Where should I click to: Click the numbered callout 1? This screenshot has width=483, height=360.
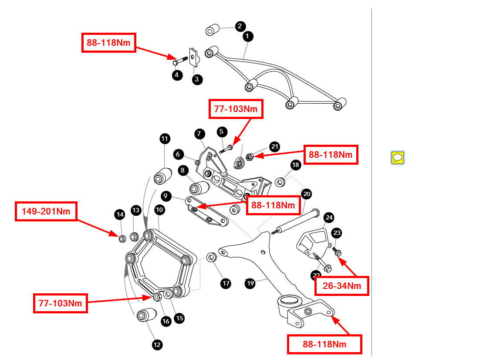(x=247, y=36)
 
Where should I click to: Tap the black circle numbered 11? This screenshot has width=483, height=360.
(x=165, y=139)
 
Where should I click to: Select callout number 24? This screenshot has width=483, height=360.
(x=329, y=217)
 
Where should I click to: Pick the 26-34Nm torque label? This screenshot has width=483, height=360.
(x=342, y=286)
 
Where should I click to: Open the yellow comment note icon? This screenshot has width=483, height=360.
(x=397, y=157)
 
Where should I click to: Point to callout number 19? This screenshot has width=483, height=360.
(x=250, y=283)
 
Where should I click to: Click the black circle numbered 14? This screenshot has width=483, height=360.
(x=120, y=214)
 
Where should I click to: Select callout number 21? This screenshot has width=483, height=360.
(x=274, y=146)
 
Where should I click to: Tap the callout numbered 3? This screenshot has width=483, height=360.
(x=196, y=79)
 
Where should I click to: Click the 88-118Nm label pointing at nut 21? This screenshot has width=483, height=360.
(x=331, y=155)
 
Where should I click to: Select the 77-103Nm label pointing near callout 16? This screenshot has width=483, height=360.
(x=61, y=302)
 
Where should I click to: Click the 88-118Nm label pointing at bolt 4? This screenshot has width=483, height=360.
(x=109, y=43)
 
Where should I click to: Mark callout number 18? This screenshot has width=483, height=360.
(x=296, y=165)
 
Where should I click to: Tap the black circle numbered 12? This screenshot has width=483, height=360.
(x=157, y=345)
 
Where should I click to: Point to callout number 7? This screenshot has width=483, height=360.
(x=199, y=133)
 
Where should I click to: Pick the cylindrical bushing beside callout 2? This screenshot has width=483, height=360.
(x=212, y=31)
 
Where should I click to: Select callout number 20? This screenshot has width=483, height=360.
(x=307, y=194)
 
